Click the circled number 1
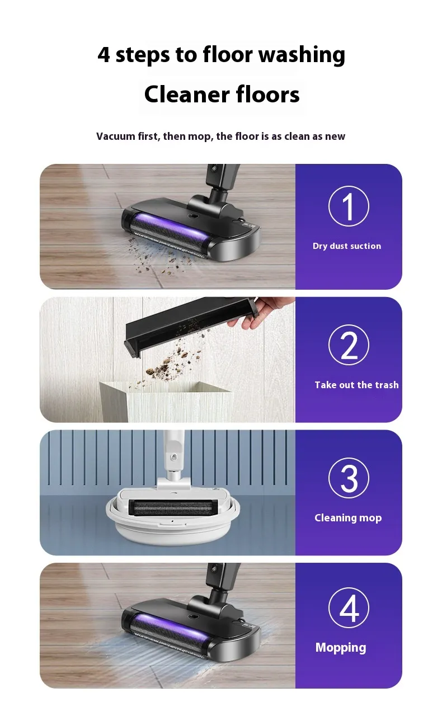click(x=349, y=206)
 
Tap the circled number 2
click(x=349, y=345)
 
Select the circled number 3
click(x=349, y=478)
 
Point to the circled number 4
click(x=349, y=607)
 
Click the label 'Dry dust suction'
click(x=347, y=246)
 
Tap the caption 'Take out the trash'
click(x=356, y=384)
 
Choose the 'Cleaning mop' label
click(x=348, y=518)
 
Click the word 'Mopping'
click(x=341, y=648)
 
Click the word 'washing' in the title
click(x=302, y=55)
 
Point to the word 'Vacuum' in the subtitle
click(x=116, y=136)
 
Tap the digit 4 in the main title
click(x=104, y=54)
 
